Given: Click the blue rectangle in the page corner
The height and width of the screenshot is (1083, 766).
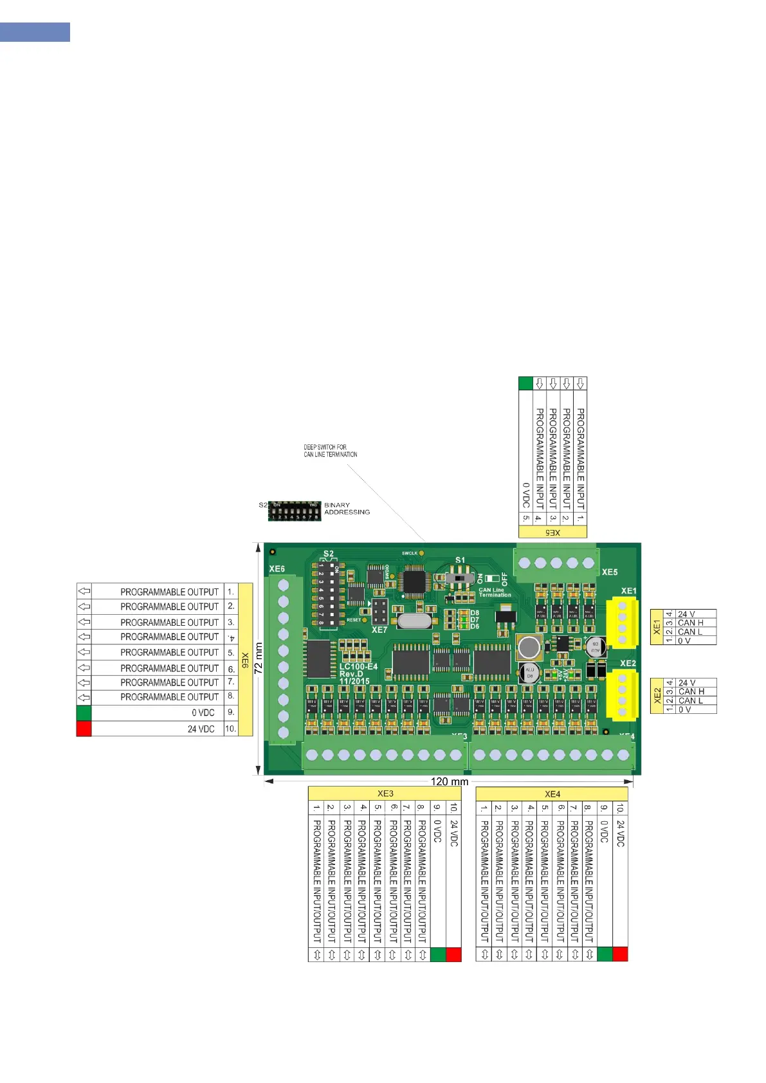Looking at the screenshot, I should point(35,32).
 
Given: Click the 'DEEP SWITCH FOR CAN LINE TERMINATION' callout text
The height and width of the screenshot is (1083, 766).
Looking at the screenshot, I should point(330,451).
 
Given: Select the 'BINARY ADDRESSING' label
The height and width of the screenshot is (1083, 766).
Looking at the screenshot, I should point(347,509).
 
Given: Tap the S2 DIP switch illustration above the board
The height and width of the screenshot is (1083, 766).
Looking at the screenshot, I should point(295,511).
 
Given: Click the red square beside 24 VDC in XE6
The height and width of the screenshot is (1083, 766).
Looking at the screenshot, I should point(84,729).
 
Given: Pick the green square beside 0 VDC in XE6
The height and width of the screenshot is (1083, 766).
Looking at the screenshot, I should point(84,713).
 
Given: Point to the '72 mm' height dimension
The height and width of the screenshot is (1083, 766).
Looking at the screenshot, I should point(259,659).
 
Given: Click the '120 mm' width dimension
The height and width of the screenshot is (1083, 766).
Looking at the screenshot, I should point(449,781).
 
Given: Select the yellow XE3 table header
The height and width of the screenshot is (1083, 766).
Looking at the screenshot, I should point(385,794).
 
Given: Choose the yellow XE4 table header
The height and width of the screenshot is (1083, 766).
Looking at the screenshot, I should point(552,794).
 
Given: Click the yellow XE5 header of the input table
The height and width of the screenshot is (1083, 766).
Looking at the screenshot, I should point(552,532).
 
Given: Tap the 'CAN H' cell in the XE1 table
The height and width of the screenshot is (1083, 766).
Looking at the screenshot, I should point(691,623).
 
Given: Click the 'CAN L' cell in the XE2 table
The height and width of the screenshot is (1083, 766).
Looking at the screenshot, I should point(691,700).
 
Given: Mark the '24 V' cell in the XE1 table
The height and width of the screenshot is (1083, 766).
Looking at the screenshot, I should point(687,614).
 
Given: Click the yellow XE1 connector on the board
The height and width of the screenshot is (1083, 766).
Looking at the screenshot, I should point(622,622).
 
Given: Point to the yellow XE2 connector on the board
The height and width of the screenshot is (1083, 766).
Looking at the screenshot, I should point(622,695).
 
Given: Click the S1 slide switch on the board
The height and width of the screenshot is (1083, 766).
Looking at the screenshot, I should point(459,579).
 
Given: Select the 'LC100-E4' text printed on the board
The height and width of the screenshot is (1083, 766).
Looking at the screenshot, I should point(358,667).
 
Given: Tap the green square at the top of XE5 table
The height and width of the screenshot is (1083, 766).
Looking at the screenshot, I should point(525,384).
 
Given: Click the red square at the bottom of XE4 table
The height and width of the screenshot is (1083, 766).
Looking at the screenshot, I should point(620,954).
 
